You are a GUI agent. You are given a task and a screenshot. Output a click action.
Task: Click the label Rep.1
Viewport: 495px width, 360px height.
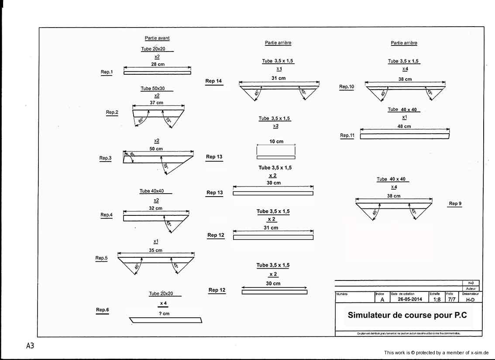tap(107, 72)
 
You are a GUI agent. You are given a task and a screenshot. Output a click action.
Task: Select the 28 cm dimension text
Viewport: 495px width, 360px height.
tap(158, 64)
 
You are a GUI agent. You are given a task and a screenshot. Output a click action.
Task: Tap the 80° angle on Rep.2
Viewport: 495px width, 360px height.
tap(141, 120)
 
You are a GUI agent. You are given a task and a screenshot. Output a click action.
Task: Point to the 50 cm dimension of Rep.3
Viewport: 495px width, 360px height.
tap(156, 149)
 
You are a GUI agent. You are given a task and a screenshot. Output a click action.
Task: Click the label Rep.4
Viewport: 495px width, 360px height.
tap(107, 215)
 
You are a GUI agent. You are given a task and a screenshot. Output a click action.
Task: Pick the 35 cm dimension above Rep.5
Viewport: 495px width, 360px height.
tap(155, 250)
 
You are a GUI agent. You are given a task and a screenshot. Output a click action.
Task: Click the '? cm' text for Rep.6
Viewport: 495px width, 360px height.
tap(164, 314)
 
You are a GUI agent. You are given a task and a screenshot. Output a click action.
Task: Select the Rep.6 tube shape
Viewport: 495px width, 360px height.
tap(166, 320)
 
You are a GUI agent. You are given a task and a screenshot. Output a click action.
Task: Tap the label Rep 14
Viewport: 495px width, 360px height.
tap(214, 81)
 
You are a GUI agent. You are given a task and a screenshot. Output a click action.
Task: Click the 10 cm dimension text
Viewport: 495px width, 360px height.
tap(276, 142)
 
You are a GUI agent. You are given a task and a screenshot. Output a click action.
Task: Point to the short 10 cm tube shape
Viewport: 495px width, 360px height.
tap(276, 157)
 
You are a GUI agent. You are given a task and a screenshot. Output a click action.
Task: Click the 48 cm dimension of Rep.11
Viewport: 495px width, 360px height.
tap(404, 126)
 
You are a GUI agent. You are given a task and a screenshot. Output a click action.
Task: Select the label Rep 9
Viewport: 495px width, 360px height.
tap(455, 204)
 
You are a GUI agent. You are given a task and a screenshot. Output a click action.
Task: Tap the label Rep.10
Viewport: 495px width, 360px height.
tap(347, 87)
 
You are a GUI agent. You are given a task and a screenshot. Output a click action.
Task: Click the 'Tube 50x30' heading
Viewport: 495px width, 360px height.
tap(153, 89)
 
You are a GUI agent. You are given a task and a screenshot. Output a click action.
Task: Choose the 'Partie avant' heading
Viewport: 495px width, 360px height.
tap(157, 38)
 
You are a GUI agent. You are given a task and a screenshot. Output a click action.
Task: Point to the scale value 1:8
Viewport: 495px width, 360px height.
tap(437, 300)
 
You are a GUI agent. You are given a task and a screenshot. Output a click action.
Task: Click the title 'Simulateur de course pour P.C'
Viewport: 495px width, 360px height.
tap(407, 315)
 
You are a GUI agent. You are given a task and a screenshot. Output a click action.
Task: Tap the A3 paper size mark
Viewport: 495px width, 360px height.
tap(30, 346)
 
